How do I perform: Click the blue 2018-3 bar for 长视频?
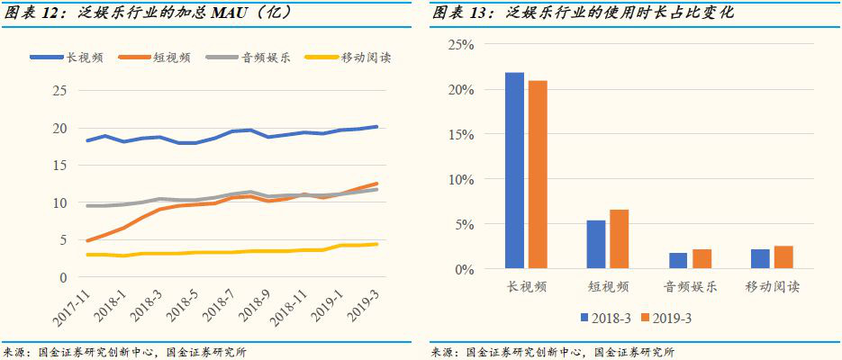pos(514,171)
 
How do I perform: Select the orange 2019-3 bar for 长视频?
pos(538,175)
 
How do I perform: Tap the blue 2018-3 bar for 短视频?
pos(596,245)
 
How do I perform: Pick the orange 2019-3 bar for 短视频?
pos(620,239)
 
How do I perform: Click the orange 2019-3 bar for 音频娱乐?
pos(702,259)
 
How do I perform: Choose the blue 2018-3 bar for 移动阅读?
pos(760,259)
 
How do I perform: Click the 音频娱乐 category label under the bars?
pos(690,287)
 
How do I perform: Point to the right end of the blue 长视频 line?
pos(376,127)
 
